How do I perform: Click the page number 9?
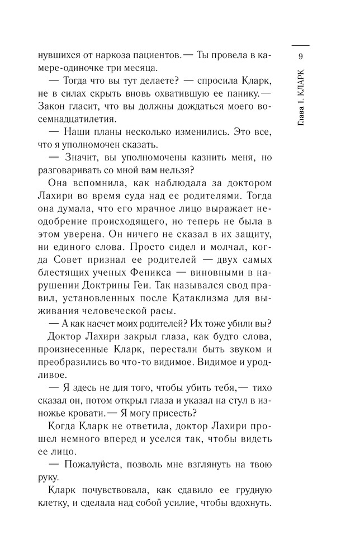(301, 56)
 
